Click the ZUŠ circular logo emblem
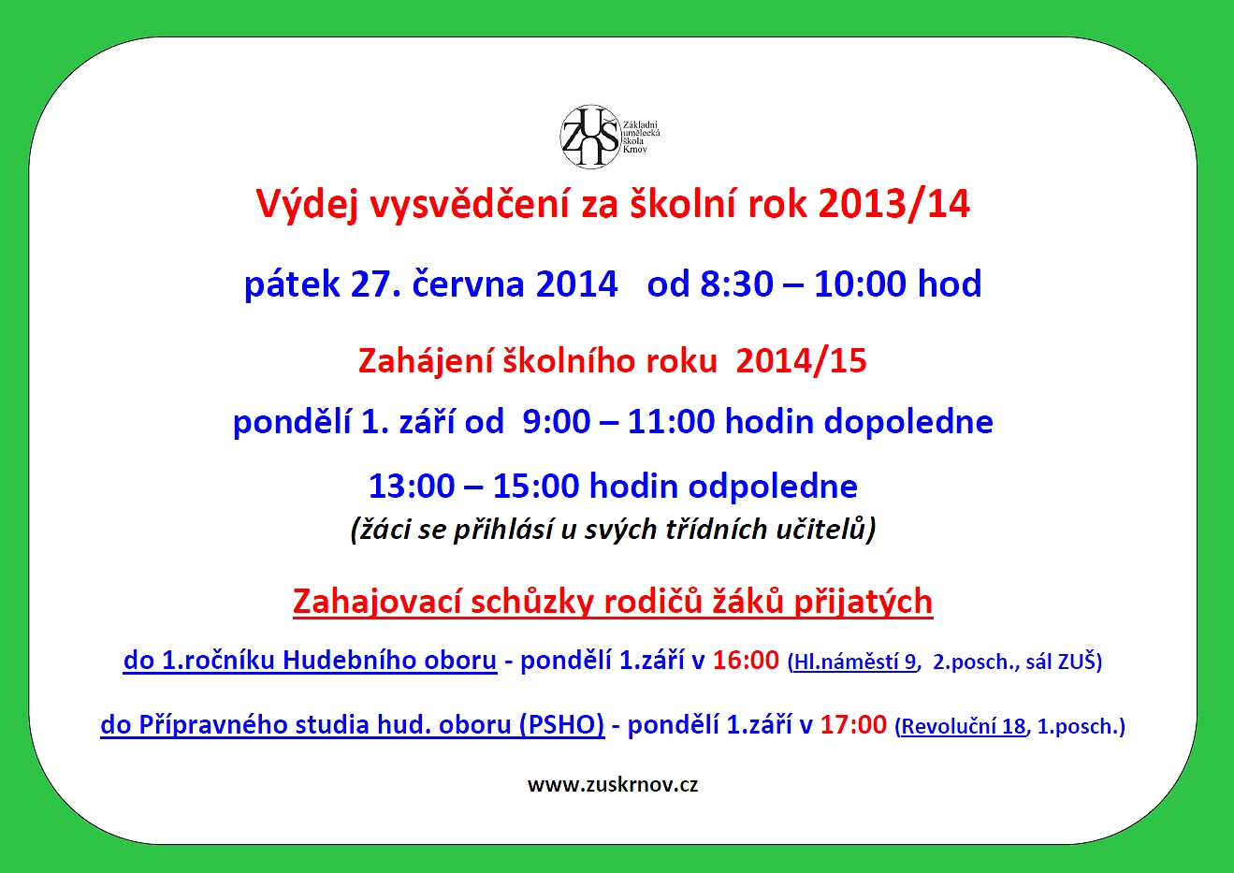pyautogui.click(x=590, y=136)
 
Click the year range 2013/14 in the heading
pyautogui.click(x=894, y=205)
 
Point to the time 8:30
pyautogui.click(x=737, y=284)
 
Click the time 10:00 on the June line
pyautogui.click(x=860, y=284)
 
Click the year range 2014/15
pyautogui.click(x=801, y=361)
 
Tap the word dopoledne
pyautogui.click(x=908, y=423)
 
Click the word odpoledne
pyautogui.click(x=773, y=487)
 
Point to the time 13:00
pyautogui.click(x=412, y=487)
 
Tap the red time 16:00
pyautogui.click(x=746, y=661)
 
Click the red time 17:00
pyautogui.click(x=853, y=725)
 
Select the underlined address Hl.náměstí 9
pyautogui.click(x=855, y=662)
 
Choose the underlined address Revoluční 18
pyautogui.click(x=963, y=726)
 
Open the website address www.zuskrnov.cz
pyautogui.click(x=613, y=785)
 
